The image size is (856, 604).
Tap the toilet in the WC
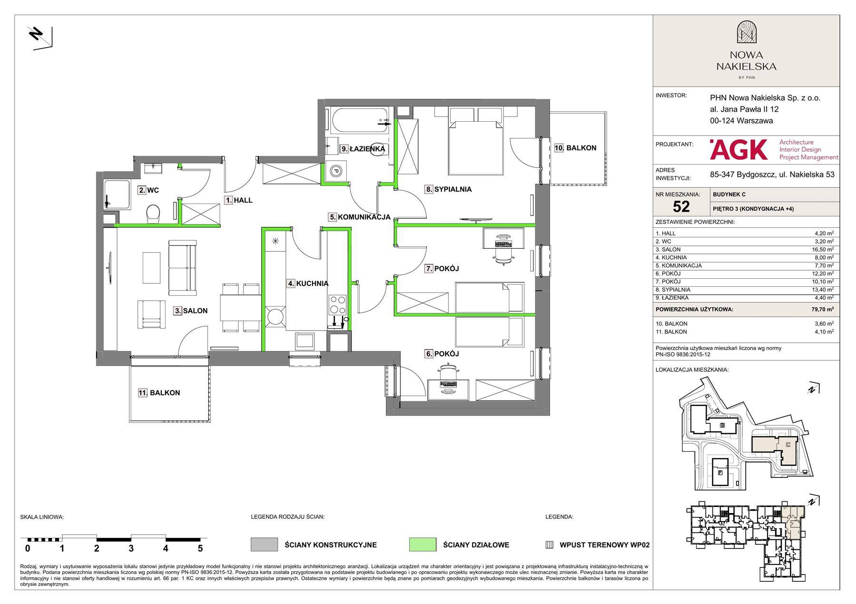[x=153, y=214]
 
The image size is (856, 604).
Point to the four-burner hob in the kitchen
[x=337, y=304]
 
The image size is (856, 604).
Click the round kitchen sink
[x=275, y=317]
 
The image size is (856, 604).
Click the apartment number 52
[x=681, y=206]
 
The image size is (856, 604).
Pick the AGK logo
[x=738, y=149]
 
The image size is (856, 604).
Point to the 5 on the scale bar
[x=200, y=548]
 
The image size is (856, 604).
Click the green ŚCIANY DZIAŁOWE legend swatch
[x=422, y=545]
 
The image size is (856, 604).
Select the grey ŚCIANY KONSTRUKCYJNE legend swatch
[x=264, y=545]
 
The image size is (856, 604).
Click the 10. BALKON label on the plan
[x=575, y=148]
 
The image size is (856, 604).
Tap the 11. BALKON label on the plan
[x=159, y=393]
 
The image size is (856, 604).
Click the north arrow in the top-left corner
[x=40, y=38]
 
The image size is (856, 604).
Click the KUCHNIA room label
[x=307, y=283]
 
